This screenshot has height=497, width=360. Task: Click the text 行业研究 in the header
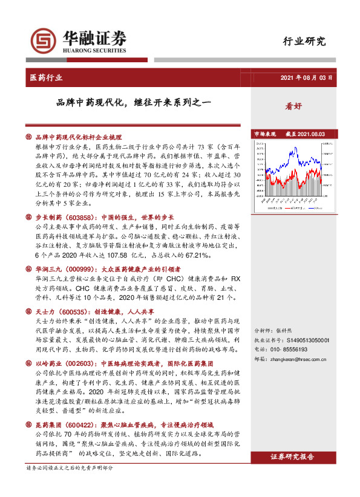coord(304,42)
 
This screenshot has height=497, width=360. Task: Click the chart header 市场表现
coord(264,134)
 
